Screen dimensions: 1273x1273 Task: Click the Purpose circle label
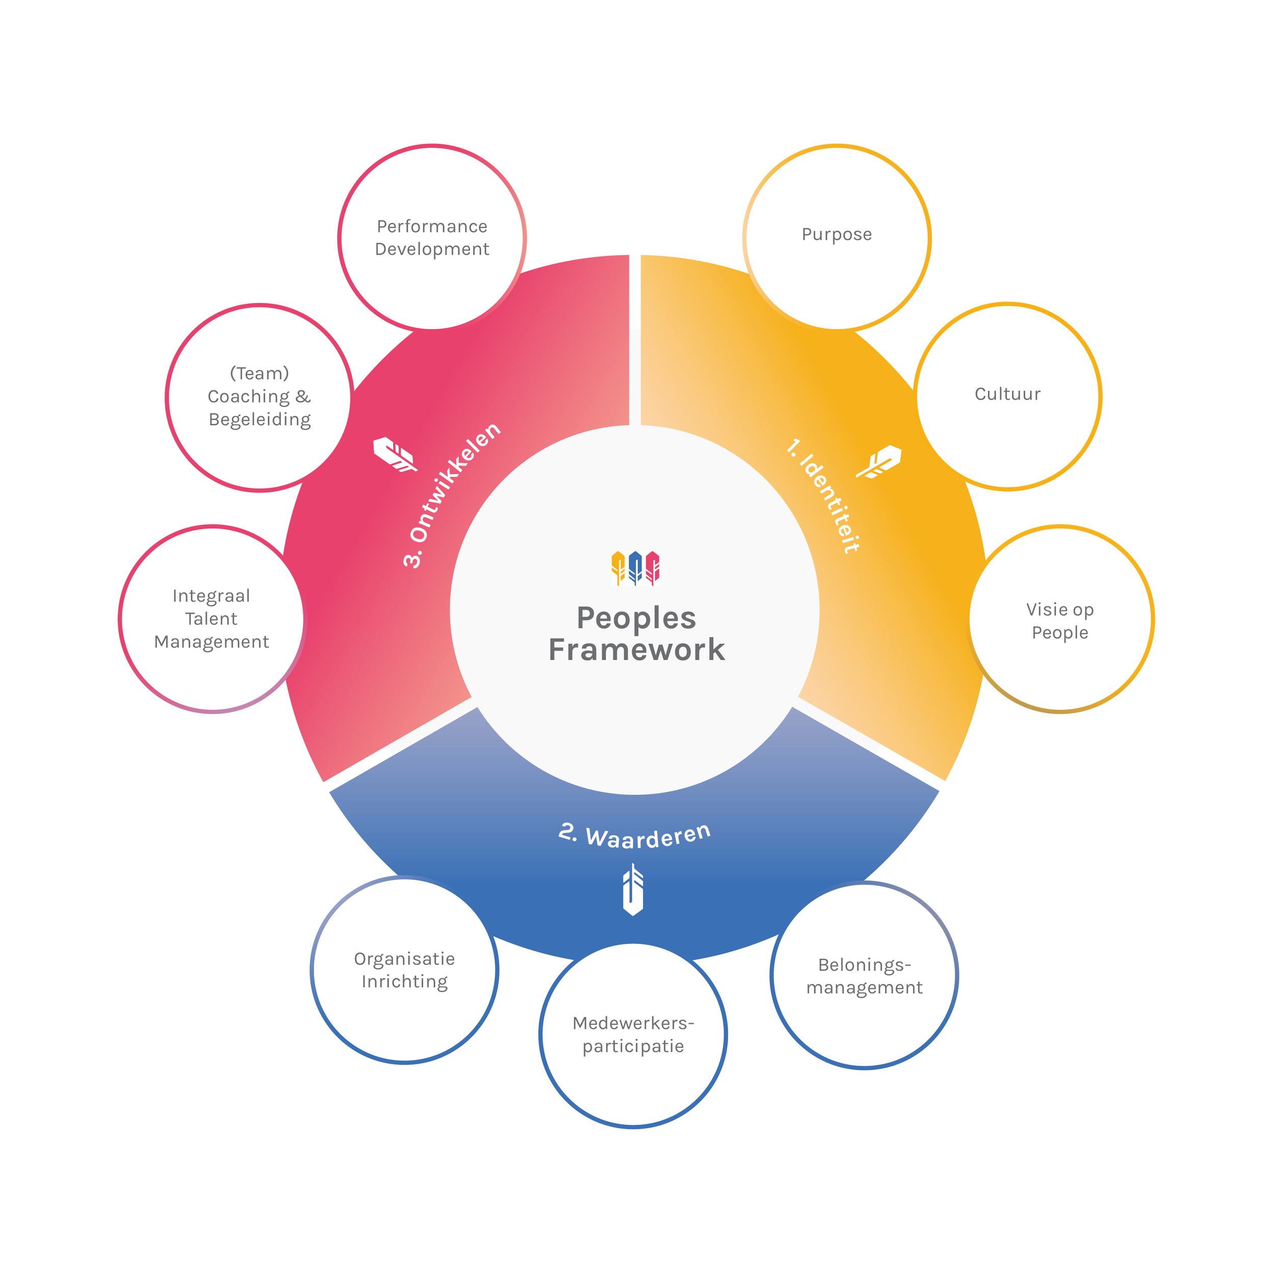(x=836, y=235)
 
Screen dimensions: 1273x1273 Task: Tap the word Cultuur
(x=1008, y=394)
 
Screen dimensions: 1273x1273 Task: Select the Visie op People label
(x=1060, y=621)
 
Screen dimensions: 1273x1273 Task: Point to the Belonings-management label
(x=864, y=976)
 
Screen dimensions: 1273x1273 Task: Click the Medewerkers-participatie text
(x=633, y=1035)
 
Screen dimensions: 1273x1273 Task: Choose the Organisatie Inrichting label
(x=405, y=970)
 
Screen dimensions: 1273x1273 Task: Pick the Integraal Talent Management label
(x=211, y=619)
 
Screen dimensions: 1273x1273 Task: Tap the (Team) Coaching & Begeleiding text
(x=260, y=397)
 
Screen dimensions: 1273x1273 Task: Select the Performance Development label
(x=432, y=238)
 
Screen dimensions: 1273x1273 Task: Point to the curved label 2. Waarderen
(x=634, y=836)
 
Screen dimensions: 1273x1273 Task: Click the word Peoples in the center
(x=636, y=618)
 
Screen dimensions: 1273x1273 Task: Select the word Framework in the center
(x=636, y=650)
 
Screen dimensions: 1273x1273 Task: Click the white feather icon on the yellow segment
(x=879, y=461)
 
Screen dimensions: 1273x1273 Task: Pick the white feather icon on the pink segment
(x=395, y=454)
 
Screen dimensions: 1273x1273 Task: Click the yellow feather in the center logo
(x=618, y=567)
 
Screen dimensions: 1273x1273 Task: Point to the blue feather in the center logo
(x=635, y=567)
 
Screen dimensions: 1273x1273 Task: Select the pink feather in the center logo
(x=652, y=567)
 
